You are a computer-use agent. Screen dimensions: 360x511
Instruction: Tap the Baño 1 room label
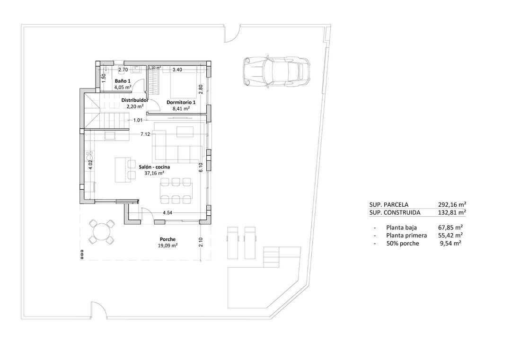click(123, 81)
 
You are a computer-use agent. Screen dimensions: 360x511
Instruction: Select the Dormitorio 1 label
click(180, 102)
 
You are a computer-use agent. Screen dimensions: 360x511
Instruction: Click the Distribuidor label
click(135, 100)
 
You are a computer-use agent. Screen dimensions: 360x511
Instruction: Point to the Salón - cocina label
click(154, 167)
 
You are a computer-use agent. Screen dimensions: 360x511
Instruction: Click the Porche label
click(167, 239)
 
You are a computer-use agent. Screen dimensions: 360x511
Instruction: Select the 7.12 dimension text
click(145, 134)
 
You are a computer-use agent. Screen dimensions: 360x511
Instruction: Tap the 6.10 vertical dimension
click(201, 168)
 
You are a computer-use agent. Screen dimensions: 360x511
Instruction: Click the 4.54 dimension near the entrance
click(167, 213)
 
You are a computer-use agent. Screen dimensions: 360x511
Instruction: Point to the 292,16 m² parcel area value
click(452, 205)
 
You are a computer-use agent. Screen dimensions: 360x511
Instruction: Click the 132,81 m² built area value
click(452, 212)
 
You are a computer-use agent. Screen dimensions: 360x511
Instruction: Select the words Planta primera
click(406, 235)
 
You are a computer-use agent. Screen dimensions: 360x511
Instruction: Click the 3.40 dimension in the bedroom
click(177, 70)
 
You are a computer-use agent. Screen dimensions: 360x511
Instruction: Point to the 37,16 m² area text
click(154, 173)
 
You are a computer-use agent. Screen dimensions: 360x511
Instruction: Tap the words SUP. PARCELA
click(388, 205)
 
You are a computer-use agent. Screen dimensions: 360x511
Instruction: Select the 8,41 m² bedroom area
click(180, 108)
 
